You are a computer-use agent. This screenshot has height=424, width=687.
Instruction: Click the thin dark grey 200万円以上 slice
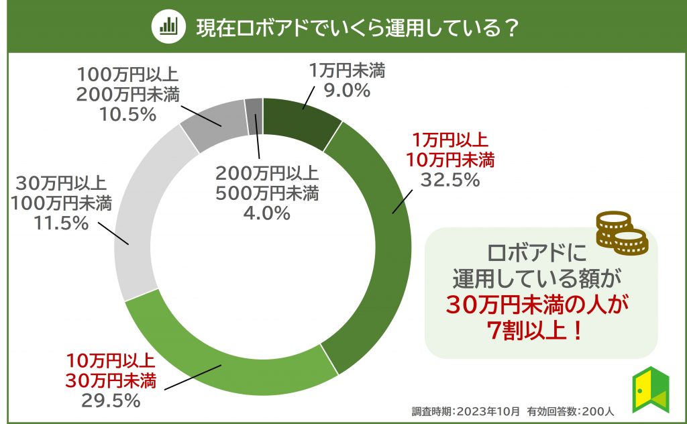(254, 108)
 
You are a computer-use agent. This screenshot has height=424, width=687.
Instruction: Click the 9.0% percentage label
(348, 91)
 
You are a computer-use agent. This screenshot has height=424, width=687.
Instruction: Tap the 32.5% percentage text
(450, 180)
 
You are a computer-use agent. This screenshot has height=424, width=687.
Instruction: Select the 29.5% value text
(110, 401)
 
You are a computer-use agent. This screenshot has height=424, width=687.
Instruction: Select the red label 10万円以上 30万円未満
(111, 372)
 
